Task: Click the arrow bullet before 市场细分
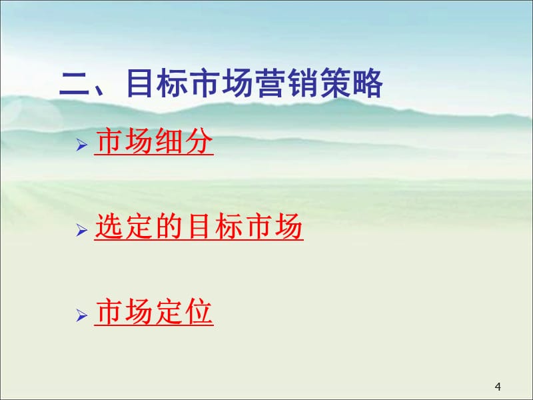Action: click(x=82, y=145)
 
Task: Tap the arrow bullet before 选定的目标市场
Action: click(x=82, y=230)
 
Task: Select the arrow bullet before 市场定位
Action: click(x=82, y=315)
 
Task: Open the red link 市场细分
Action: click(x=154, y=142)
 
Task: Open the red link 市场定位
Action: click(x=154, y=313)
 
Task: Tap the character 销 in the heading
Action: click(x=302, y=85)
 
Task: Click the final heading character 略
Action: click(x=367, y=85)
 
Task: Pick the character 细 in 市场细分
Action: click(x=169, y=142)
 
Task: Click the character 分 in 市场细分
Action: click(x=199, y=142)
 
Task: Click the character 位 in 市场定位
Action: click(x=199, y=313)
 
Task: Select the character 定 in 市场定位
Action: click(x=169, y=313)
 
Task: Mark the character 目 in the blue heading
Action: click(x=139, y=85)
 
